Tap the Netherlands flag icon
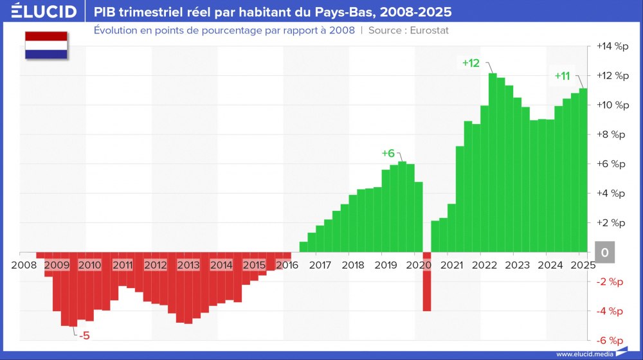[x=46, y=45]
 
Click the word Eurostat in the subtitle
[x=428, y=30]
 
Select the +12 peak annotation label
[x=471, y=62]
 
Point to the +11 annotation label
[x=562, y=76]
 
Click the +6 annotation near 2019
[x=388, y=154]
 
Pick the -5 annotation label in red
[x=84, y=335]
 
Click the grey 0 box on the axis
[x=604, y=253]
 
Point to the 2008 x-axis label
[x=24, y=265]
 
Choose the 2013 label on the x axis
[x=188, y=265]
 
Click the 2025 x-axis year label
[x=582, y=265]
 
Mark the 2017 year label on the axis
[x=320, y=265]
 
